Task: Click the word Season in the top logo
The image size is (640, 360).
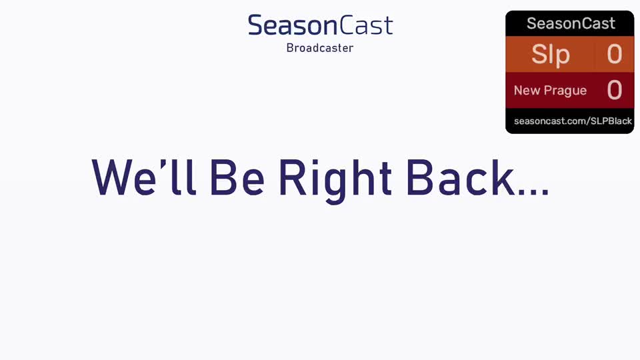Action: pyautogui.click(x=293, y=25)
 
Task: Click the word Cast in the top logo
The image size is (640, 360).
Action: pyautogui.click(x=366, y=25)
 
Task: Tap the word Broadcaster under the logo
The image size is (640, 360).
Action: pyautogui.click(x=320, y=48)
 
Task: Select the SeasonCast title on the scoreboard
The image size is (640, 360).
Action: pyautogui.click(x=571, y=23)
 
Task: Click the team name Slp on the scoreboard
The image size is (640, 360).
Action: pyautogui.click(x=550, y=54)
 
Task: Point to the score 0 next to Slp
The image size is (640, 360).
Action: pyautogui.click(x=614, y=54)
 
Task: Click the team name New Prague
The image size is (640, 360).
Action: pyautogui.click(x=550, y=90)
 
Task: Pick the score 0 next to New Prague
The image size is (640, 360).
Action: pyautogui.click(x=614, y=90)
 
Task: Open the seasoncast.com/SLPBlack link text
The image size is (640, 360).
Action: pyautogui.click(x=573, y=121)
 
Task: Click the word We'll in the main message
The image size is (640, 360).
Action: pyautogui.click(x=144, y=177)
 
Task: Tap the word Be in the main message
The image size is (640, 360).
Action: pyautogui.click(x=237, y=177)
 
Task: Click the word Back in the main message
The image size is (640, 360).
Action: pyautogui.click(x=461, y=177)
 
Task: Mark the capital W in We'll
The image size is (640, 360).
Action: pyautogui.click(x=112, y=177)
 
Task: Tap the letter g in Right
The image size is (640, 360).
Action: pyautogui.click(x=335, y=186)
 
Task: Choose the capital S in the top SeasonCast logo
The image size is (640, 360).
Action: pyautogui.click(x=256, y=25)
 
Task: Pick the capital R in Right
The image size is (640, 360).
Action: pyautogui.click(x=293, y=177)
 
